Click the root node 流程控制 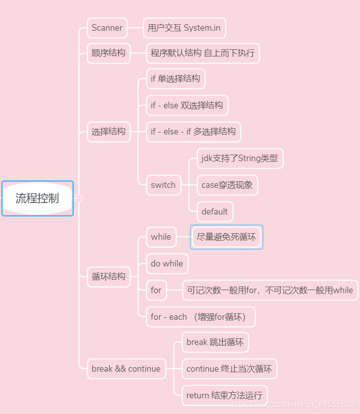37,198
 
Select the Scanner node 107,28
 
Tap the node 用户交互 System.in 184,28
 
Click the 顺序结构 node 108,52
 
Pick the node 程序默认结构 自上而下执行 202,52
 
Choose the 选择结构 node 108,131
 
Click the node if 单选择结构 175,79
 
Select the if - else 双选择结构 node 187,105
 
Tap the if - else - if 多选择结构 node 193,131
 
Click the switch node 163,185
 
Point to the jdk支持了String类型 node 240,158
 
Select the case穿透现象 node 227,185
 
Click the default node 214,212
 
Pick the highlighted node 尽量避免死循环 227,237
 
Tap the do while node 167,263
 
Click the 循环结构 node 108,276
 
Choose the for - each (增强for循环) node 200,317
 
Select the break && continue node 126,369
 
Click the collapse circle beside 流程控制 79,198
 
